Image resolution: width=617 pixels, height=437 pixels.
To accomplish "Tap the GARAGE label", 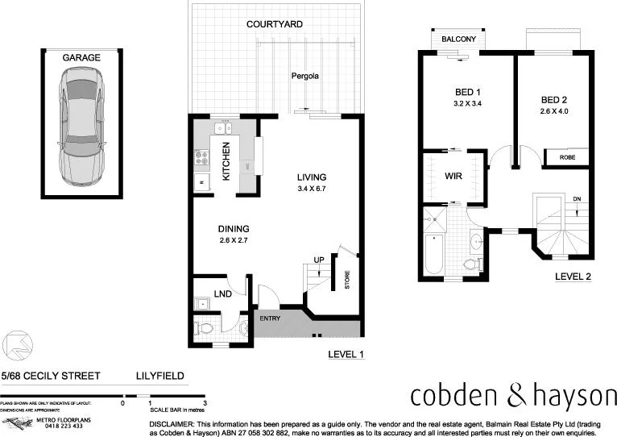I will (x=81, y=57).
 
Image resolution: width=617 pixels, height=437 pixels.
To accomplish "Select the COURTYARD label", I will (x=275, y=24).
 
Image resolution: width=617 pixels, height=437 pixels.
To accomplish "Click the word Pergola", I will (x=305, y=77).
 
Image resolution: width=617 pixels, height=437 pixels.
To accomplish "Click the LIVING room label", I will (x=310, y=177).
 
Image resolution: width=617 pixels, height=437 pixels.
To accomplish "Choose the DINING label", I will (x=233, y=229).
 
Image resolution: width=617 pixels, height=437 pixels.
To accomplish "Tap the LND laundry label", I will (x=222, y=294).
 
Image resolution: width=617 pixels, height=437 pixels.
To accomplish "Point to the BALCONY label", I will (x=458, y=39).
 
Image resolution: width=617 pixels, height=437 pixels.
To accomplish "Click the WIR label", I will (x=452, y=175).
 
